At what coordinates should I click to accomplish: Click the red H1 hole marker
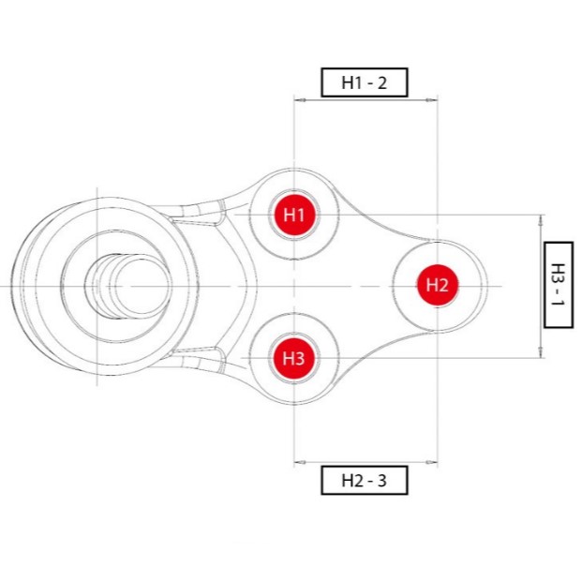(x=294, y=215)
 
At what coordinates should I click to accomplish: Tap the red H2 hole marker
(x=438, y=285)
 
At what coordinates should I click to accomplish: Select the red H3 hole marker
(x=294, y=358)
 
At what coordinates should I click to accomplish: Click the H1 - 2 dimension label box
(x=365, y=82)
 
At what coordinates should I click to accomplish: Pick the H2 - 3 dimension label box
(x=365, y=480)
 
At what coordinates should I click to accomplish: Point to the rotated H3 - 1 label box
(x=559, y=285)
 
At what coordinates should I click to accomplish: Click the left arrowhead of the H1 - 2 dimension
(x=301, y=99)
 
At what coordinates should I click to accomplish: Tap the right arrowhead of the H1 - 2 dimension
(x=431, y=99)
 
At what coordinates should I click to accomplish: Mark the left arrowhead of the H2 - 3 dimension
(x=301, y=462)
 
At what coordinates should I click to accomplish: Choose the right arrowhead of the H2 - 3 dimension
(x=431, y=462)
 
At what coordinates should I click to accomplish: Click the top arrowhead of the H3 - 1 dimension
(x=541, y=221)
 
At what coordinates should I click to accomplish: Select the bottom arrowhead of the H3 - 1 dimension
(x=541, y=352)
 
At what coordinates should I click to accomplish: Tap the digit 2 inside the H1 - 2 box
(x=382, y=82)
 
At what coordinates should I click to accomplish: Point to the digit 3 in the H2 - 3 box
(x=381, y=481)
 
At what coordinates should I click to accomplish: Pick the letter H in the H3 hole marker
(x=289, y=358)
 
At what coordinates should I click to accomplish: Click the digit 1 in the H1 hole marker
(x=301, y=215)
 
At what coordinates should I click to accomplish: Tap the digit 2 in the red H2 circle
(x=444, y=285)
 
